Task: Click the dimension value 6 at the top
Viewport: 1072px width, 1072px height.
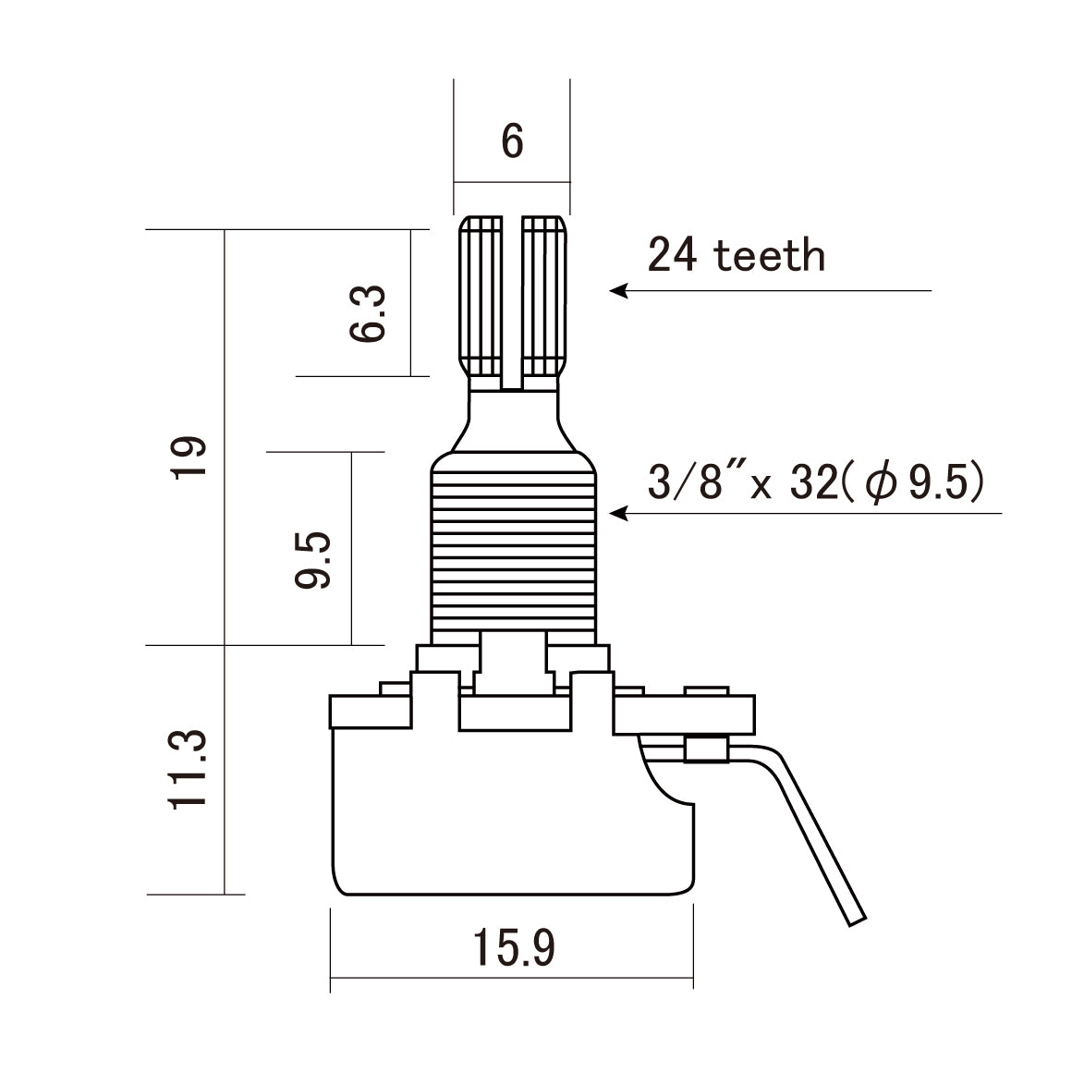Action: point(512,141)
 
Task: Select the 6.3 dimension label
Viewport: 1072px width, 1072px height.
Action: point(368,314)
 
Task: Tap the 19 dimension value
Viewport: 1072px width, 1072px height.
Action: point(187,457)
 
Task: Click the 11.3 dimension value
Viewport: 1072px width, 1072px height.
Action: point(187,769)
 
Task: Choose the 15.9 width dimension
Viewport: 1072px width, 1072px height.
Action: point(514,947)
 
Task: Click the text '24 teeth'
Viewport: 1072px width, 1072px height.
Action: point(736,256)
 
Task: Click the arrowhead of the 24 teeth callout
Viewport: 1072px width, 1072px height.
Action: point(617,290)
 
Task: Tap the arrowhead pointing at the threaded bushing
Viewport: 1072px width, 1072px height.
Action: point(617,512)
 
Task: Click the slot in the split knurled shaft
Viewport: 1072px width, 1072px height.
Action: point(513,300)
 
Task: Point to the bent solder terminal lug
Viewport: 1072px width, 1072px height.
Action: point(818,832)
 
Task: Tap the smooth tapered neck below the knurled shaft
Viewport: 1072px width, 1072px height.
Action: point(513,420)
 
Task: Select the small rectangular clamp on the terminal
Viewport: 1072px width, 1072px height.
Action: point(707,749)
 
